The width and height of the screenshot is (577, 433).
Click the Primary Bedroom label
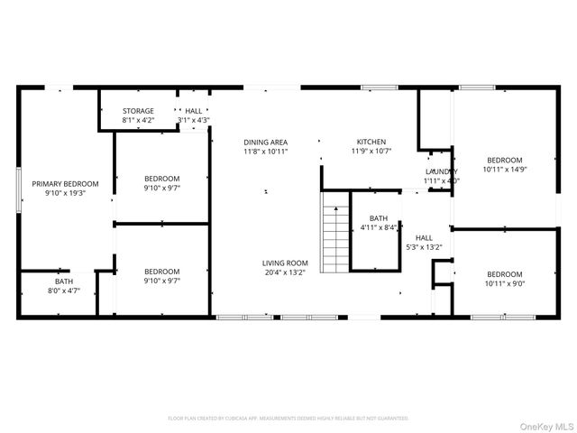(x=59, y=183)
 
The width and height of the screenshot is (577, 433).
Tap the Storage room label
(x=138, y=111)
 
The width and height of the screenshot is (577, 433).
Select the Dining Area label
(x=265, y=142)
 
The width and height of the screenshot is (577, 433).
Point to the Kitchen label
(x=371, y=142)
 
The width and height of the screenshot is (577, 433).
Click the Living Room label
(x=285, y=263)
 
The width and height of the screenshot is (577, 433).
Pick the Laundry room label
(x=442, y=171)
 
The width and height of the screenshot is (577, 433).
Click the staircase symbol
(x=335, y=238)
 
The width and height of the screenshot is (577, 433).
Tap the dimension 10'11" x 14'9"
(x=504, y=169)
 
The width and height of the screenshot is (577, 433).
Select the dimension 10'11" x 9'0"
(x=504, y=283)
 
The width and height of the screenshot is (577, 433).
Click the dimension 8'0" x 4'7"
(x=63, y=290)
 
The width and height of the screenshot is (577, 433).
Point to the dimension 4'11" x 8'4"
(x=379, y=227)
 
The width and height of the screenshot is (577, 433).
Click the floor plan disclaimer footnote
(x=288, y=419)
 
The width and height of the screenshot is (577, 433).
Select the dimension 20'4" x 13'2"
(x=285, y=272)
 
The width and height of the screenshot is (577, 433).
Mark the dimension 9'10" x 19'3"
(x=59, y=193)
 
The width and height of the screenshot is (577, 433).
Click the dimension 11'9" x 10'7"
(x=371, y=152)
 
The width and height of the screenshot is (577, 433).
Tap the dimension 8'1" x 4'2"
(x=138, y=120)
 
